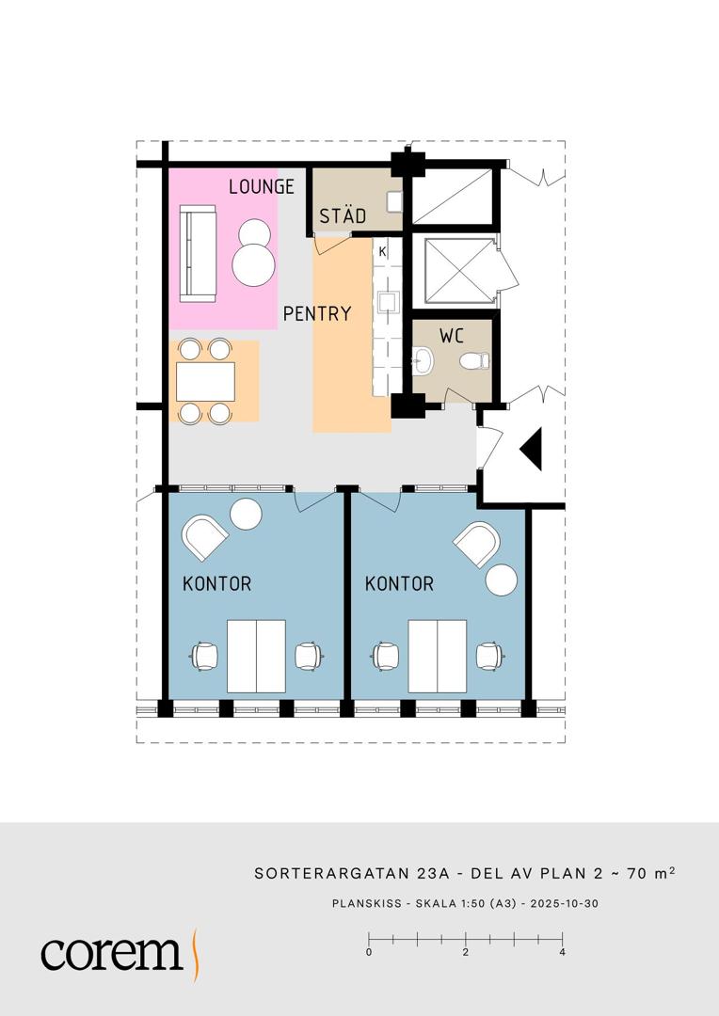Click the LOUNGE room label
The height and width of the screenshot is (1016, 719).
click(262, 186)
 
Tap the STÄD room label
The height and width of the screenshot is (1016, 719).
click(343, 215)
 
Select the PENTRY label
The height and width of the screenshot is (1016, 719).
click(317, 313)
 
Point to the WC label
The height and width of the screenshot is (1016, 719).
click(451, 336)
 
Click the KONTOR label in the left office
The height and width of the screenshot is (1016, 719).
click(216, 583)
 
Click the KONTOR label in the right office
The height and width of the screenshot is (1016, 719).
click(399, 583)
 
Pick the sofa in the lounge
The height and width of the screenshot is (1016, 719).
click(197, 253)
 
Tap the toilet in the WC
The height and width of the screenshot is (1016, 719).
click(474, 361)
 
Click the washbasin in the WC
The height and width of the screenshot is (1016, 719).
click(423, 360)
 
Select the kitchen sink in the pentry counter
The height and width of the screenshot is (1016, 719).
click(389, 303)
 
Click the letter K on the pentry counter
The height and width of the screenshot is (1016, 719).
click(382, 251)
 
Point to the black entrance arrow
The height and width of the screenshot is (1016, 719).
click(531, 449)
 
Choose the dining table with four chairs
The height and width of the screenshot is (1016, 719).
click(205, 382)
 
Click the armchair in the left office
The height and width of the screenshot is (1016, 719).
click(204, 536)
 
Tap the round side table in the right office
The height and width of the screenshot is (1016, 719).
click(502, 579)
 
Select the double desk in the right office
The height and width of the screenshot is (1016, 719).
click(437, 656)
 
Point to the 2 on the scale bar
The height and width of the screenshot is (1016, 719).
click(466, 952)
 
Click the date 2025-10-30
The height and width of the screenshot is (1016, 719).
click(564, 903)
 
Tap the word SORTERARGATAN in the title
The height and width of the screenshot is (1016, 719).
click(331, 873)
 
